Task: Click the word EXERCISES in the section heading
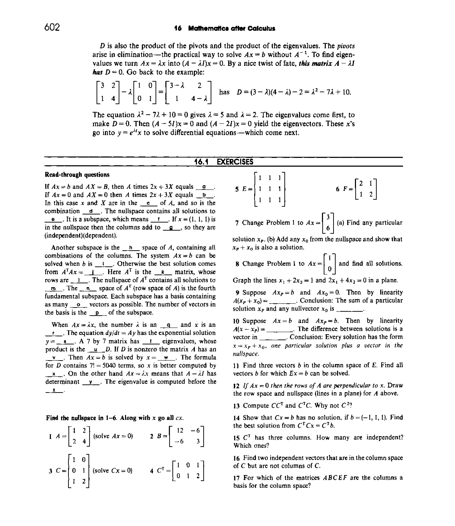pyautogui.click(x=235, y=162)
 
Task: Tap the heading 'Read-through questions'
pyautogui.click(x=77, y=175)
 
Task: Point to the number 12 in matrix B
pyautogui.click(x=180, y=430)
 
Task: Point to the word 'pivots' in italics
pyautogui.click(x=346, y=46)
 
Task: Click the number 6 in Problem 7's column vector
pyautogui.click(x=328, y=228)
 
